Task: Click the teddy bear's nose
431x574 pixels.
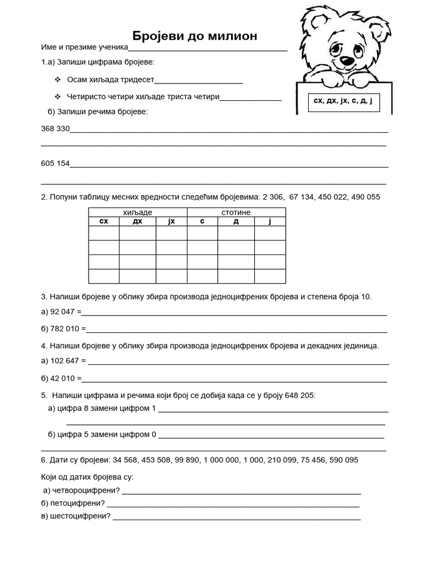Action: pos(346,58)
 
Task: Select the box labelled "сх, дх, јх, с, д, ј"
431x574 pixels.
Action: pos(343,102)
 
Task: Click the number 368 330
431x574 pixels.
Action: pos(55,129)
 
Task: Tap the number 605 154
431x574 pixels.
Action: pos(55,164)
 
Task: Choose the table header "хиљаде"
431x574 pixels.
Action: pos(137,212)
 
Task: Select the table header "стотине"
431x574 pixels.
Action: pos(236,212)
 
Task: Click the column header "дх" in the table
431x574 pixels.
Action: pos(137,221)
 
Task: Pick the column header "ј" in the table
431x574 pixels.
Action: pos(270,221)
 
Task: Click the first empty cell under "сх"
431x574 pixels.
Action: pos(104,233)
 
